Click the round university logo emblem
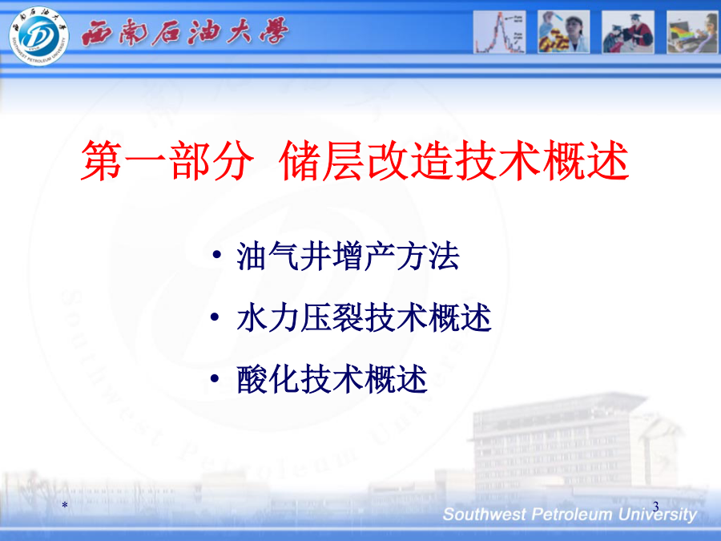point(39,36)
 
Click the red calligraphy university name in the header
point(185,32)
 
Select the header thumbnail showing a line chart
point(499,32)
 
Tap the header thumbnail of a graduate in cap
point(628,32)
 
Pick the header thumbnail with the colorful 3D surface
point(692,32)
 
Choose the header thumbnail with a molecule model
point(564,32)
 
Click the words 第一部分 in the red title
point(167,160)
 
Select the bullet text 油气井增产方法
point(348,256)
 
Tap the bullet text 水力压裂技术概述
point(364,318)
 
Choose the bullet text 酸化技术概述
point(332,379)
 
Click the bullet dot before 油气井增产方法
point(216,254)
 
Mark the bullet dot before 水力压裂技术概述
point(215,317)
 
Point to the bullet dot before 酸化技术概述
point(215,378)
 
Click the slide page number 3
point(655,506)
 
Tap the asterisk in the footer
point(65,505)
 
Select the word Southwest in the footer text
point(485,514)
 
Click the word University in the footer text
point(657,515)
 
